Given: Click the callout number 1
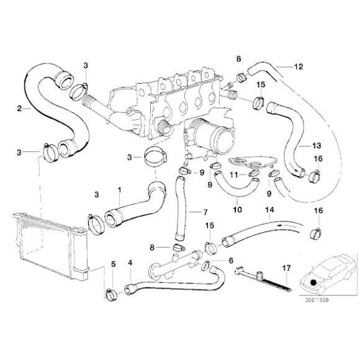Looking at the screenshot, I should pos(120,189).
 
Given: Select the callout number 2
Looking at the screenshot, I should pos(20,108).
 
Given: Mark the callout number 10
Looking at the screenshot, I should pos(236,210).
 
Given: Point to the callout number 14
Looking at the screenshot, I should pos(269,210).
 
